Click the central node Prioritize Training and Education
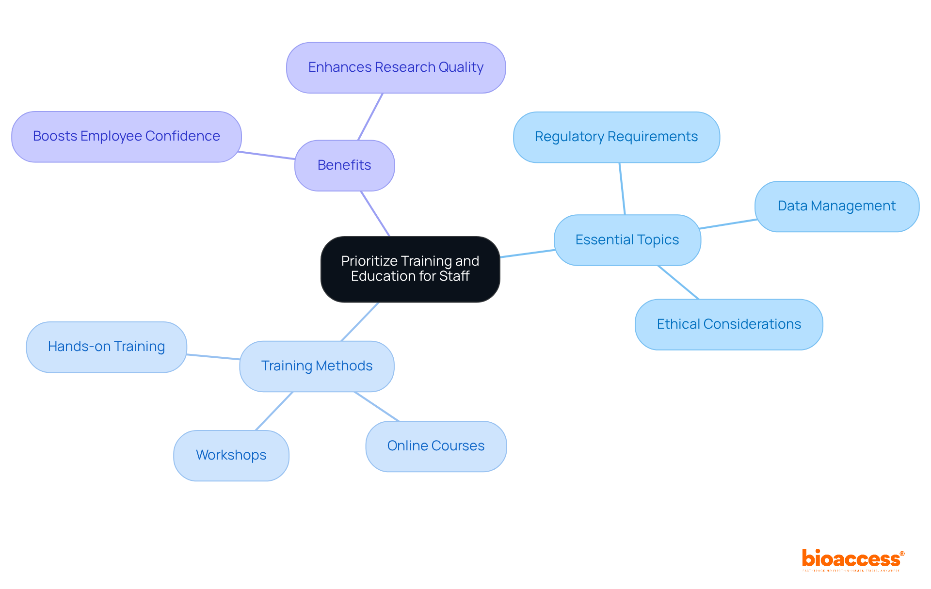[410, 269]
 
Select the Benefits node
[344, 165]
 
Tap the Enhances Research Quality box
[396, 67]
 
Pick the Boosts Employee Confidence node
[126, 136]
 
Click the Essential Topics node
[627, 240]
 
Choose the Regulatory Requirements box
[616, 137]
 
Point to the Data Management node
[836, 206]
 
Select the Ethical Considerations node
[728, 324]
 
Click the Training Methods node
[317, 366]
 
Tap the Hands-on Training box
[106, 347]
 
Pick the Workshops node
[231, 455]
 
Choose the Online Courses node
[435, 446]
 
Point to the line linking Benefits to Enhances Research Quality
[370, 117]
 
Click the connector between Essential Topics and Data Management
[727, 224]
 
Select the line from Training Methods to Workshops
[274, 411]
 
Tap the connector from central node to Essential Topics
[527, 254]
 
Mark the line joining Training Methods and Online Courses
[377, 407]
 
